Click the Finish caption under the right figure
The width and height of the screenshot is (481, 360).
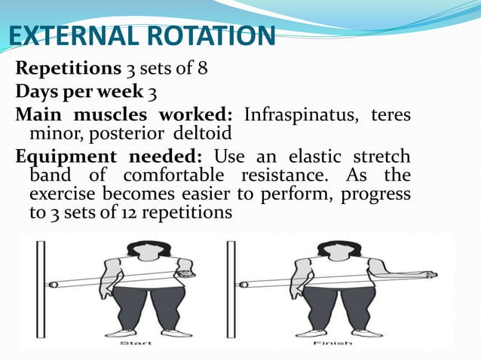pyautogui.click(x=332, y=343)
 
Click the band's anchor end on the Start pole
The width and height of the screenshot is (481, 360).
pyautogui.click(x=53, y=285)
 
